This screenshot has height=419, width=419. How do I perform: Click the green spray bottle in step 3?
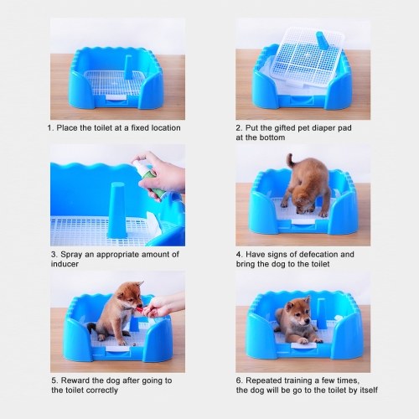(x=145, y=178)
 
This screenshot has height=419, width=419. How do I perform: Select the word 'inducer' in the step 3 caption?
(x=65, y=264)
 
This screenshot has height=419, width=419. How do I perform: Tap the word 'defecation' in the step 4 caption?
(x=316, y=255)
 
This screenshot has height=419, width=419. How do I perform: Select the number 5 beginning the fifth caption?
(x=54, y=380)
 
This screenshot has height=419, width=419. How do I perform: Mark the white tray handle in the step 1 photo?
(x=116, y=97)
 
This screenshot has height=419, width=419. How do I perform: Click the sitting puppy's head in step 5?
(x=129, y=295)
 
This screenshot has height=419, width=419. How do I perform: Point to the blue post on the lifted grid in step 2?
(x=321, y=40)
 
